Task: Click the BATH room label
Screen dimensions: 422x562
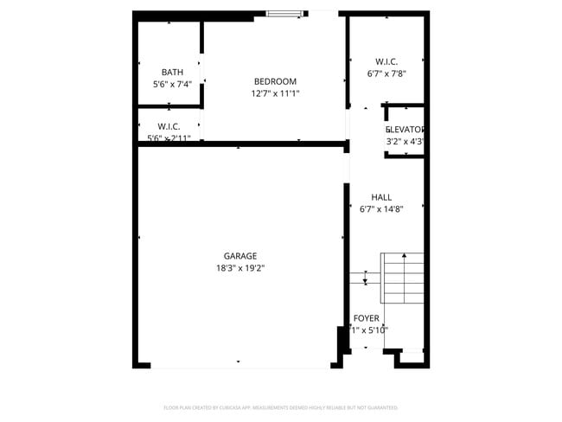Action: click(172, 73)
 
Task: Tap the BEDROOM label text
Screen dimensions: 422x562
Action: click(275, 82)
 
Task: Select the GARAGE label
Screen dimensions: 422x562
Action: click(240, 256)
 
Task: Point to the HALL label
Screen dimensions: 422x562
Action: click(381, 197)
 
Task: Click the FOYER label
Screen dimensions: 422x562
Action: click(366, 319)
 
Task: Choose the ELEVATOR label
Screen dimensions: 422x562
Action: click(405, 130)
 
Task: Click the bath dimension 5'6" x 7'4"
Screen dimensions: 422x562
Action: click(172, 85)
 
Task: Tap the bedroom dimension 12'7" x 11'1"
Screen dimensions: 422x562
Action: click(275, 93)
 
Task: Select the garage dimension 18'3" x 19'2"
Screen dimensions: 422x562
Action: click(240, 268)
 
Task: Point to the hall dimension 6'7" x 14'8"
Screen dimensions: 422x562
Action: click(381, 209)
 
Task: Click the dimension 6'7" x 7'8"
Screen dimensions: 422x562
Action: click(386, 74)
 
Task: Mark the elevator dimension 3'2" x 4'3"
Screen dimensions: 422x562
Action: click(405, 142)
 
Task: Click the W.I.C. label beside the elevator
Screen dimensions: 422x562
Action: click(386, 61)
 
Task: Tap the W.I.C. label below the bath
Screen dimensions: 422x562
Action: click(169, 127)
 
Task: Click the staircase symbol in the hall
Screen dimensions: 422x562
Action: click(402, 277)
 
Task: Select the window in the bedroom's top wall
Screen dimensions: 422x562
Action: click(284, 13)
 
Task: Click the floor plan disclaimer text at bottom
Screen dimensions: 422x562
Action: click(280, 406)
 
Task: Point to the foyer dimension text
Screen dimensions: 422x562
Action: click(368, 330)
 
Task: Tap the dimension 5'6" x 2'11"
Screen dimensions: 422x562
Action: click(169, 137)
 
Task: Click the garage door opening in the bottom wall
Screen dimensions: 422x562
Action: click(239, 367)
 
